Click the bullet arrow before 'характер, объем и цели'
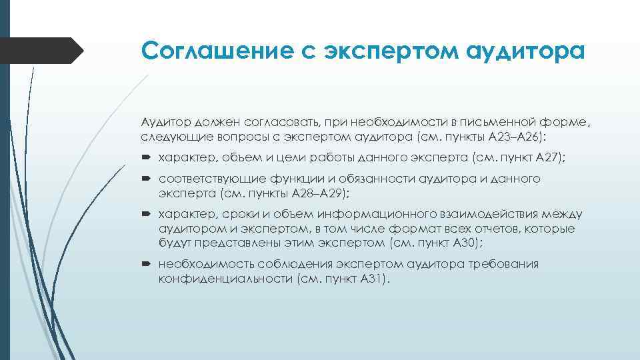147,158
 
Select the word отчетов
490,229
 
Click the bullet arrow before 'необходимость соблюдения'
147,265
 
